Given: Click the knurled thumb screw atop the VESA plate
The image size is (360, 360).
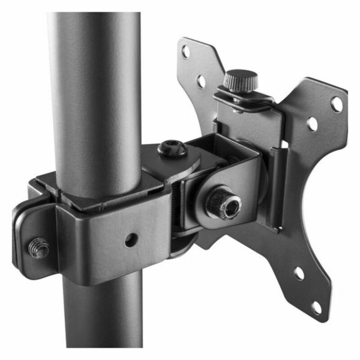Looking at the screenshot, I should click(x=240, y=79).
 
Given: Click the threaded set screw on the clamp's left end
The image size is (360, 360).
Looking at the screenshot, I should click(x=39, y=247).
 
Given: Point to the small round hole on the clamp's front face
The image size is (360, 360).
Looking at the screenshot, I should click(x=131, y=239).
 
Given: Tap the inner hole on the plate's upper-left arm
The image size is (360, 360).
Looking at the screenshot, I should click(x=201, y=81).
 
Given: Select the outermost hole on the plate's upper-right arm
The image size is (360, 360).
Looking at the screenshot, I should click(x=336, y=104).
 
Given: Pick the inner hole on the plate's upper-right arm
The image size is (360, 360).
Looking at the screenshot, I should click(x=312, y=124).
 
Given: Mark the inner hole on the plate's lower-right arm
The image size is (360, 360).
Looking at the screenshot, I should click(x=299, y=273).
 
